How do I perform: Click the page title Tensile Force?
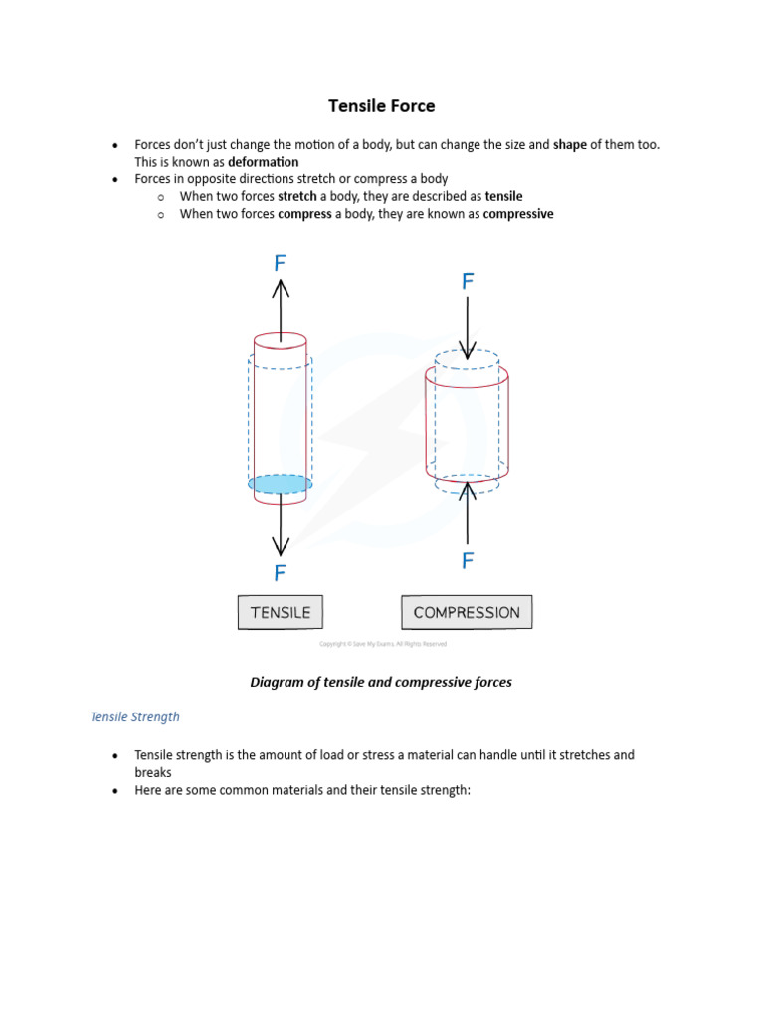point(382,105)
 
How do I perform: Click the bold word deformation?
point(263,162)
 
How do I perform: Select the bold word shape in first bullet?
point(570,145)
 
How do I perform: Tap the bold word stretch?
point(296,197)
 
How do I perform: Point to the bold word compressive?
point(518,214)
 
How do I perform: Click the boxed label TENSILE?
point(281,613)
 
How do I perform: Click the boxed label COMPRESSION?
point(467,613)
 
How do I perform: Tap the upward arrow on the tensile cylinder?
point(281,308)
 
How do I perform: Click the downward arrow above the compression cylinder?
point(467,328)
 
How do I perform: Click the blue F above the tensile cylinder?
point(281,263)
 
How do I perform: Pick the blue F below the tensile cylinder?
point(281,573)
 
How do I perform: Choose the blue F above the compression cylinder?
point(468,282)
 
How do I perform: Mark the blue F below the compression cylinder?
point(468,562)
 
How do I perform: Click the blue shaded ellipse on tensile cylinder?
point(281,484)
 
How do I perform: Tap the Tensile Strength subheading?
point(135,716)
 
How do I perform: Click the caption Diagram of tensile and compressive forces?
point(382,682)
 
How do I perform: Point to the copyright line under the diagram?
point(382,644)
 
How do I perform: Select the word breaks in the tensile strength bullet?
point(153,772)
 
